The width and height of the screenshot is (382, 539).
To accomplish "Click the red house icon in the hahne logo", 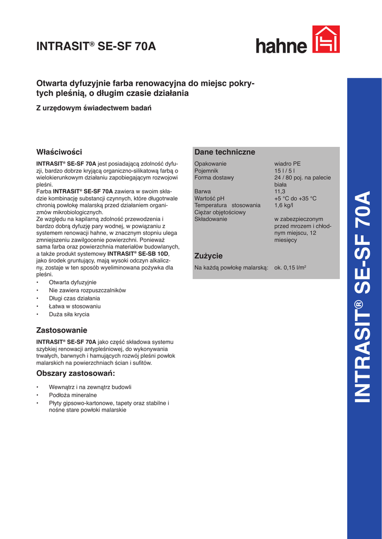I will pyautogui.click(x=326, y=39).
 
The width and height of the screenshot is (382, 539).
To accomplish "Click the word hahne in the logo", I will pyautogui.click(x=281, y=45).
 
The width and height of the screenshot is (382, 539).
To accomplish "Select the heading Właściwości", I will pyautogui.click(x=59, y=152).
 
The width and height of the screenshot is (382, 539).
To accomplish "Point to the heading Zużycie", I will pyautogui.click(x=209, y=256).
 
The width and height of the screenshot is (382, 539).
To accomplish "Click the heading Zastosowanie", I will pyautogui.click(x=62, y=330).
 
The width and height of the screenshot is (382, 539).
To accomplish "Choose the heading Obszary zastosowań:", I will pyautogui.click(x=75, y=374).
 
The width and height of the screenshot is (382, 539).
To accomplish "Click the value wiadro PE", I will pyautogui.click(x=288, y=164).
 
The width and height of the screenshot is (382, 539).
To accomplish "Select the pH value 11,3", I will pyautogui.click(x=280, y=192).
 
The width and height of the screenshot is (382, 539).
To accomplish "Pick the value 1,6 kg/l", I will pyautogui.click(x=284, y=205).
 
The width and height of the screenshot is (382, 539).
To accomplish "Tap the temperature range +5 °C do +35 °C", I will pyautogui.click(x=296, y=198).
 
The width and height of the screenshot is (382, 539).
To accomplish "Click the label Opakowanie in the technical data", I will pyautogui.click(x=210, y=164).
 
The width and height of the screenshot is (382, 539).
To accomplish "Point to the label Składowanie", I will pyautogui.click(x=211, y=219).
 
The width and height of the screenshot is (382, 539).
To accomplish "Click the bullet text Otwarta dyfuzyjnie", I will pyautogui.click(x=73, y=282).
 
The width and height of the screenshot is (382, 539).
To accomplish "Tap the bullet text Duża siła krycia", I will pyautogui.click(x=69, y=314).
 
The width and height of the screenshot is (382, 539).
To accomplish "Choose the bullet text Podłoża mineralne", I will pyautogui.click(x=73, y=395).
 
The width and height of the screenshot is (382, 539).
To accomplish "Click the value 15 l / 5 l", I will pyautogui.click(x=285, y=171).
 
